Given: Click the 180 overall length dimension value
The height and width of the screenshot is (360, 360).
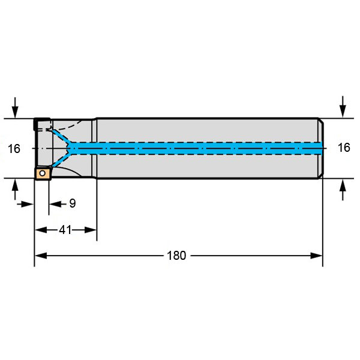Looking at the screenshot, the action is [176, 256].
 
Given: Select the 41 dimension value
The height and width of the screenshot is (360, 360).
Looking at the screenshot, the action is [65, 230].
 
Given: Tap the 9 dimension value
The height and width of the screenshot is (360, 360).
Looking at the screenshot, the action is [73, 203].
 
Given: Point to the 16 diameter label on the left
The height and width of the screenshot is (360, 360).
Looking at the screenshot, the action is [14, 149].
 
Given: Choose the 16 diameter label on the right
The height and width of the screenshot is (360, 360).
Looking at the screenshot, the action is [344, 148].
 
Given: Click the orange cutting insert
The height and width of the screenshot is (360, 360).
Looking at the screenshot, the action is [43, 173].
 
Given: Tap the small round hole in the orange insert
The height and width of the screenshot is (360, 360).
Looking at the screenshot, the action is [42, 173].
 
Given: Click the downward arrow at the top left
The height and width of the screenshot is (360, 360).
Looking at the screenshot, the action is [15, 107].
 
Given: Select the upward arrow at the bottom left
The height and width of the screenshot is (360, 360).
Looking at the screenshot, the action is [15, 190].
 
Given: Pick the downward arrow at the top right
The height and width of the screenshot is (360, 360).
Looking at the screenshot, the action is [343, 107].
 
